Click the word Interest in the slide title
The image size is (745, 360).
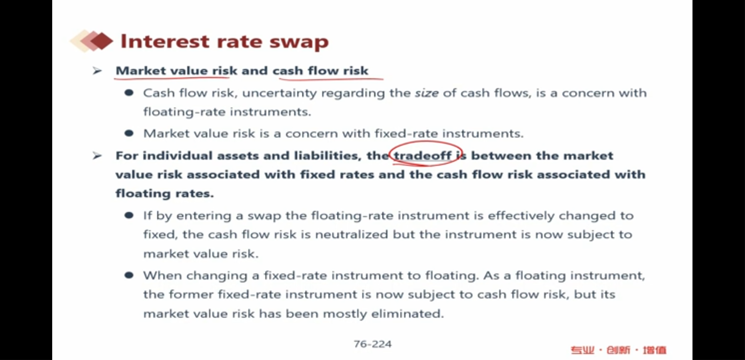165,41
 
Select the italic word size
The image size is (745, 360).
427,93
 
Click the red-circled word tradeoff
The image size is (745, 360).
422,156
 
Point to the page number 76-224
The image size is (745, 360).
372,344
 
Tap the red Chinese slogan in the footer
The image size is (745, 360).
618,350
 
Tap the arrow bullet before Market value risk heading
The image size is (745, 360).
97,70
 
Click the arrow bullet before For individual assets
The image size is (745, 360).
97,156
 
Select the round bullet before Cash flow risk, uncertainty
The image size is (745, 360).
129,93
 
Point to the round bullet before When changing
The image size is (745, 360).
129,275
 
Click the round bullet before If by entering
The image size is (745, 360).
129,215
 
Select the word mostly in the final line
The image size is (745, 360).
345,314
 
